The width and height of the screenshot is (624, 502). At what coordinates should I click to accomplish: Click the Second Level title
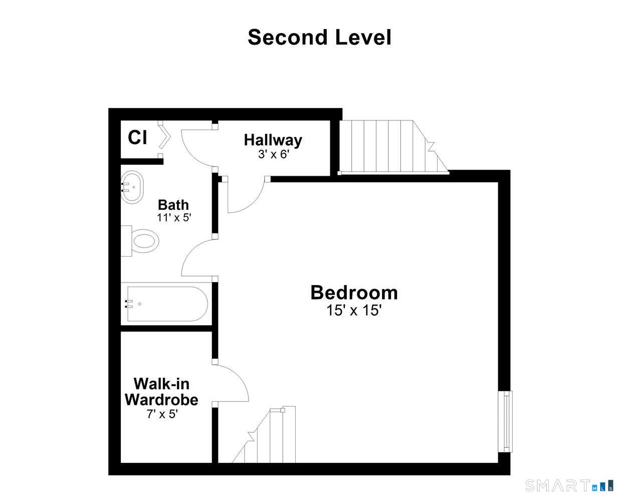coord(320,37)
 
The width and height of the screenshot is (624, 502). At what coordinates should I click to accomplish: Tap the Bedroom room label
coord(354,293)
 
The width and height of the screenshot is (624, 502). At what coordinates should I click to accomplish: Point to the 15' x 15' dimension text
coord(354,310)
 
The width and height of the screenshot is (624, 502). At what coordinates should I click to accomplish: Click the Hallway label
coord(273,140)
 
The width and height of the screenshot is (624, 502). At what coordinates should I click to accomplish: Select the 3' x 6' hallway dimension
coord(274,154)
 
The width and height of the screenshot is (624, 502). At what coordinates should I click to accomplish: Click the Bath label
coord(173,205)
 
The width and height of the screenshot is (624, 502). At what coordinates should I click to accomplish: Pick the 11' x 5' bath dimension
coord(174,217)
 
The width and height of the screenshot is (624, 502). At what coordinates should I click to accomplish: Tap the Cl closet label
coord(137,137)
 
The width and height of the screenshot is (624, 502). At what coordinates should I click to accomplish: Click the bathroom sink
coord(132,187)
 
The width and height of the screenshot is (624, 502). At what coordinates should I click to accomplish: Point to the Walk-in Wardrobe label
coord(161,392)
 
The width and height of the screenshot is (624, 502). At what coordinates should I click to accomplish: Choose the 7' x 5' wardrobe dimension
coord(162,414)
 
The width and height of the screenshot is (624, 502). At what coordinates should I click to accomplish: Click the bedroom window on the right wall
coord(505,421)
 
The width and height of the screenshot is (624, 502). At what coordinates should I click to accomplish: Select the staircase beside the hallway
coord(394,148)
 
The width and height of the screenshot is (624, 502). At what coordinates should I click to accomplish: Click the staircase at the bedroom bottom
coord(264,434)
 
